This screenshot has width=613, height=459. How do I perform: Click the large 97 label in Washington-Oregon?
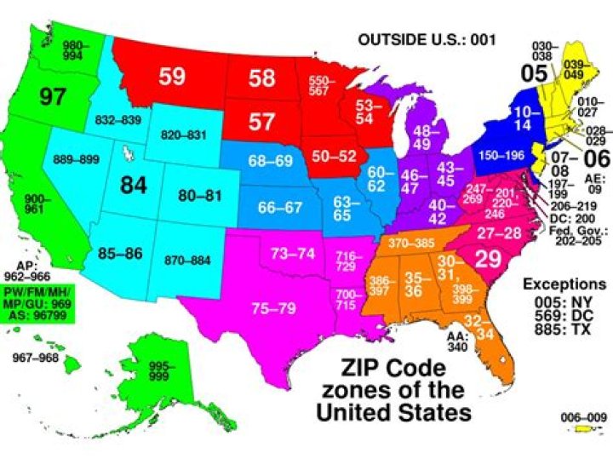pos(52,95)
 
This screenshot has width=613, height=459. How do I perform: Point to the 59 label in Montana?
pos(171,77)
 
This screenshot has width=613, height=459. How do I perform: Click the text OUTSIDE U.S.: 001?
pos(426,39)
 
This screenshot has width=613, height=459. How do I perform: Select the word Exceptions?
pos(564,284)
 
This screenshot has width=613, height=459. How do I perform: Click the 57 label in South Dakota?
pos(261,121)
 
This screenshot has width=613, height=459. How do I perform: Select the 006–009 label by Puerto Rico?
pos(583,417)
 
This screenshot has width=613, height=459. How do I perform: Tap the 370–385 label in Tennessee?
pos(412,244)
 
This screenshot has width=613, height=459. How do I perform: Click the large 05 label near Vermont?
pos(534,73)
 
